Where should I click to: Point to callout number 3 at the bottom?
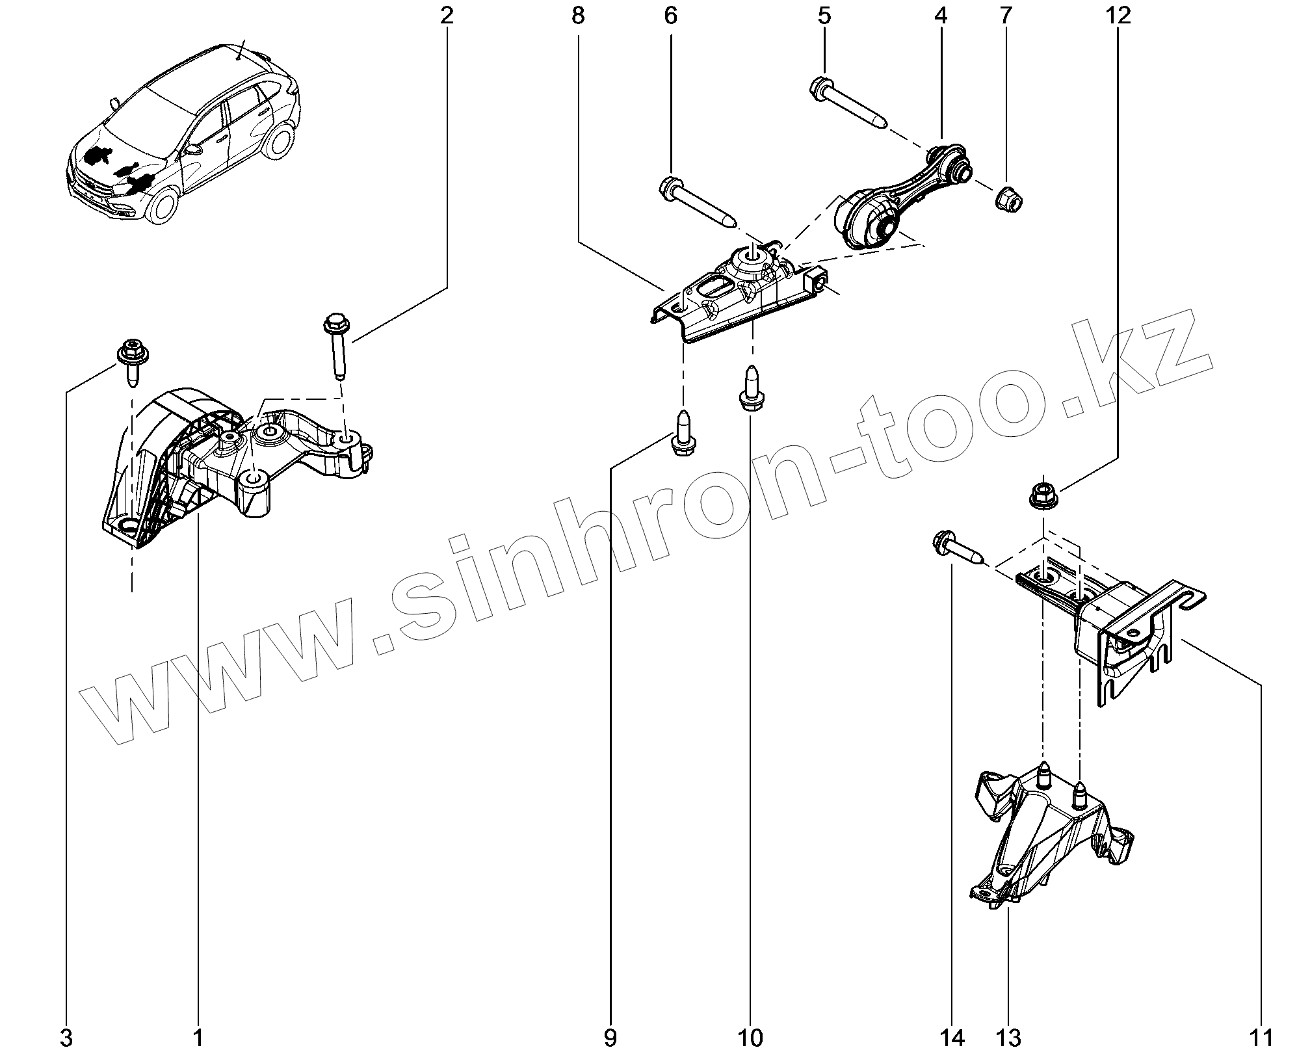[x=66, y=1036]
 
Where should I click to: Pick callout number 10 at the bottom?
[x=751, y=1036]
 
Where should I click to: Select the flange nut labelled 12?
[x=1042, y=493]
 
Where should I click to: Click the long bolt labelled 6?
[x=698, y=202]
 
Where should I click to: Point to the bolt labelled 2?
[x=337, y=345]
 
